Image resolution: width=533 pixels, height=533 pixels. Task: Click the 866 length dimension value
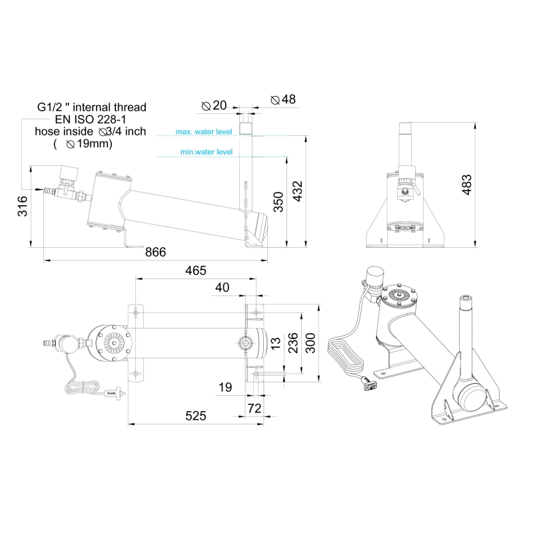click(x=155, y=252)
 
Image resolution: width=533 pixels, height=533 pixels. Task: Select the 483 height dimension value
click(x=467, y=185)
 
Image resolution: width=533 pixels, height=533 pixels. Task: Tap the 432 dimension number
click(x=297, y=191)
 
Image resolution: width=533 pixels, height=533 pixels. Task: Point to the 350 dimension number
click(x=278, y=202)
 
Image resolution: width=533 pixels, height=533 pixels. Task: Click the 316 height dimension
click(x=23, y=206)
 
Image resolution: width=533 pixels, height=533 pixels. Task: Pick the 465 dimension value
click(x=195, y=270)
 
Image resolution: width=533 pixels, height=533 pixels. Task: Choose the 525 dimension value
click(x=195, y=416)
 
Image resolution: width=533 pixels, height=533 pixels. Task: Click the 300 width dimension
click(x=310, y=343)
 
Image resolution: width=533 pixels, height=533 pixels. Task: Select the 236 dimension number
click(x=292, y=343)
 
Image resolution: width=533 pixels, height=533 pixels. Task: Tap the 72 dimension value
click(x=255, y=408)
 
